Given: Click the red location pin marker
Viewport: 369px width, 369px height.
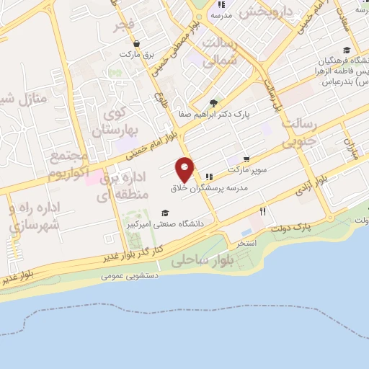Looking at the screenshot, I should pyautogui.click(x=184, y=169).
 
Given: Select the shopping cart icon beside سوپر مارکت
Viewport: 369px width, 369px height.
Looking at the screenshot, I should pyautogui.click(x=246, y=159).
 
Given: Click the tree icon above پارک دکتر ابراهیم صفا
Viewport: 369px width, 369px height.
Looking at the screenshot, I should pyautogui.click(x=213, y=102).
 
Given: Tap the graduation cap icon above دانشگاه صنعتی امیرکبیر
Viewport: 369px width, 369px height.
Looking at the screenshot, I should pyautogui.click(x=165, y=213).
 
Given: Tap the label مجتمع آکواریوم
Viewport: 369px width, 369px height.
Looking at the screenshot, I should pyautogui.click(x=68, y=165).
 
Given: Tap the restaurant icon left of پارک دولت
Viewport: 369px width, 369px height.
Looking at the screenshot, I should pyautogui.click(x=263, y=212).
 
